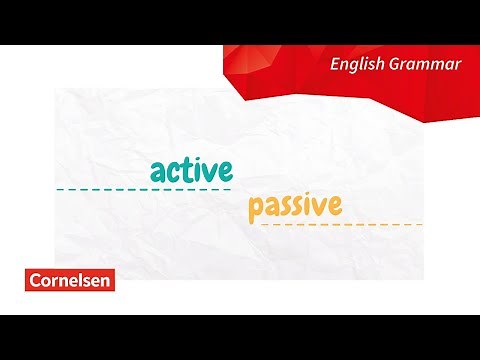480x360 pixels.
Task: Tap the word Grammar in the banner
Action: [426, 65]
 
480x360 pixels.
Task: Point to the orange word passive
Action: [295, 207]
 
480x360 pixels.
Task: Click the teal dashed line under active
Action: [143, 189]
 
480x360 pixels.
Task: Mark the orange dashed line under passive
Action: [341, 225]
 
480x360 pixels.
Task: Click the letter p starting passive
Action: [255, 209]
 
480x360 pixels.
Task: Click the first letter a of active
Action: [158, 170]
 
